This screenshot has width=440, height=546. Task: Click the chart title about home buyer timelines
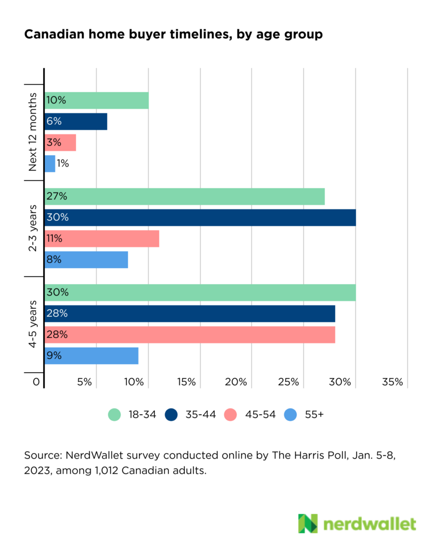pyautogui.click(x=173, y=35)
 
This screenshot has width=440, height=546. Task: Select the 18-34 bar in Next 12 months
pyautogui.click(x=96, y=100)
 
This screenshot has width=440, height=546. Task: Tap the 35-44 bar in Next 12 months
pyautogui.click(x=76, y=122)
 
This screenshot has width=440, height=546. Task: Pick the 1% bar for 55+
pyautogui.click(x=50, y=164)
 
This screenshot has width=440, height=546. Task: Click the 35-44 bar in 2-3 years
pyautogui.click(x=200, y=218)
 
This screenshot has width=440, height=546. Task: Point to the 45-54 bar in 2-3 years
pyautogui.click(x=102, y=238)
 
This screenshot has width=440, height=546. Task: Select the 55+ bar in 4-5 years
pyautogui.click(x=91, y=356)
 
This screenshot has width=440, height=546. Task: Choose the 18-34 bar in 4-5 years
pyautogui.click(x=200, y=292)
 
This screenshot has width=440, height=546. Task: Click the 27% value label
pyautogui.click(x=56, y=196)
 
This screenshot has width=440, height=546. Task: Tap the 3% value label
pyautogui.click(x=54, y=142)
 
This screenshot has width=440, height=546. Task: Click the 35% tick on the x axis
pyautogui.click(x=393, y=382)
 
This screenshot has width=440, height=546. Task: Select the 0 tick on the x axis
pyautogui.click(x=36, y=382)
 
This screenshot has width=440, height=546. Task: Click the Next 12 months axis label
pyautogui.click(x=32, y=132)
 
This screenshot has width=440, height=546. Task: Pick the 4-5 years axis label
pyautogui.click(x=32, y=325)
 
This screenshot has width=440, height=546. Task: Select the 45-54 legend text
pyautogui.click(x=261, y=414)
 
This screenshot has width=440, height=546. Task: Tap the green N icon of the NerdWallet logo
pyautogui.click(x=307, y=524)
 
